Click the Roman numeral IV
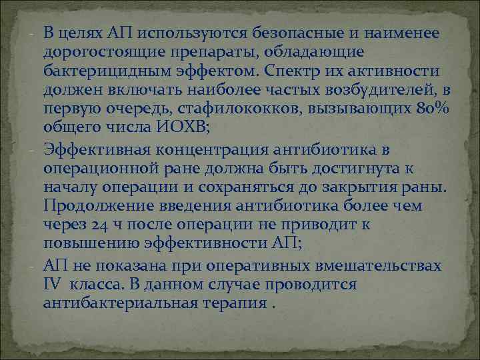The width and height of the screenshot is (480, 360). (52, 284)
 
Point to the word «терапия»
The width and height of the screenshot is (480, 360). (234, 303)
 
